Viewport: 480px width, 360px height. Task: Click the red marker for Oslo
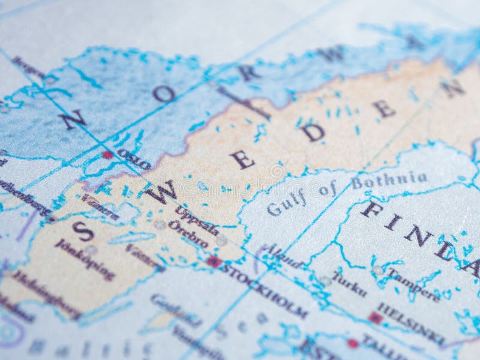tap(107, 155)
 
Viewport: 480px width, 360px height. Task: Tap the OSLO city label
tap(134, 160)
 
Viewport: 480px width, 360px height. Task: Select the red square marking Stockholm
tap(214, 262)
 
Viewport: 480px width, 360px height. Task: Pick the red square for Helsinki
tap(376, 318)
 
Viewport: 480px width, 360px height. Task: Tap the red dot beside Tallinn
tap(352, 343)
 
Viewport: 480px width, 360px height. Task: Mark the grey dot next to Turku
tap(326, 280)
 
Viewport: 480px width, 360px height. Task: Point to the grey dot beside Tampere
tap(377, 271)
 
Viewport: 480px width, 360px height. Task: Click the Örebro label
tap(188, 234)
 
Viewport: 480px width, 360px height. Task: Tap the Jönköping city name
tap(85, 259)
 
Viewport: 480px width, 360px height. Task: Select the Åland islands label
tap(283, 256)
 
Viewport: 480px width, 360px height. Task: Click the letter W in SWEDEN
tap(161, 193)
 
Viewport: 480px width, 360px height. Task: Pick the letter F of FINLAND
tap(371, 209)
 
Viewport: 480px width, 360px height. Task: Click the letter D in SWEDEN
tap(313, 132)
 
